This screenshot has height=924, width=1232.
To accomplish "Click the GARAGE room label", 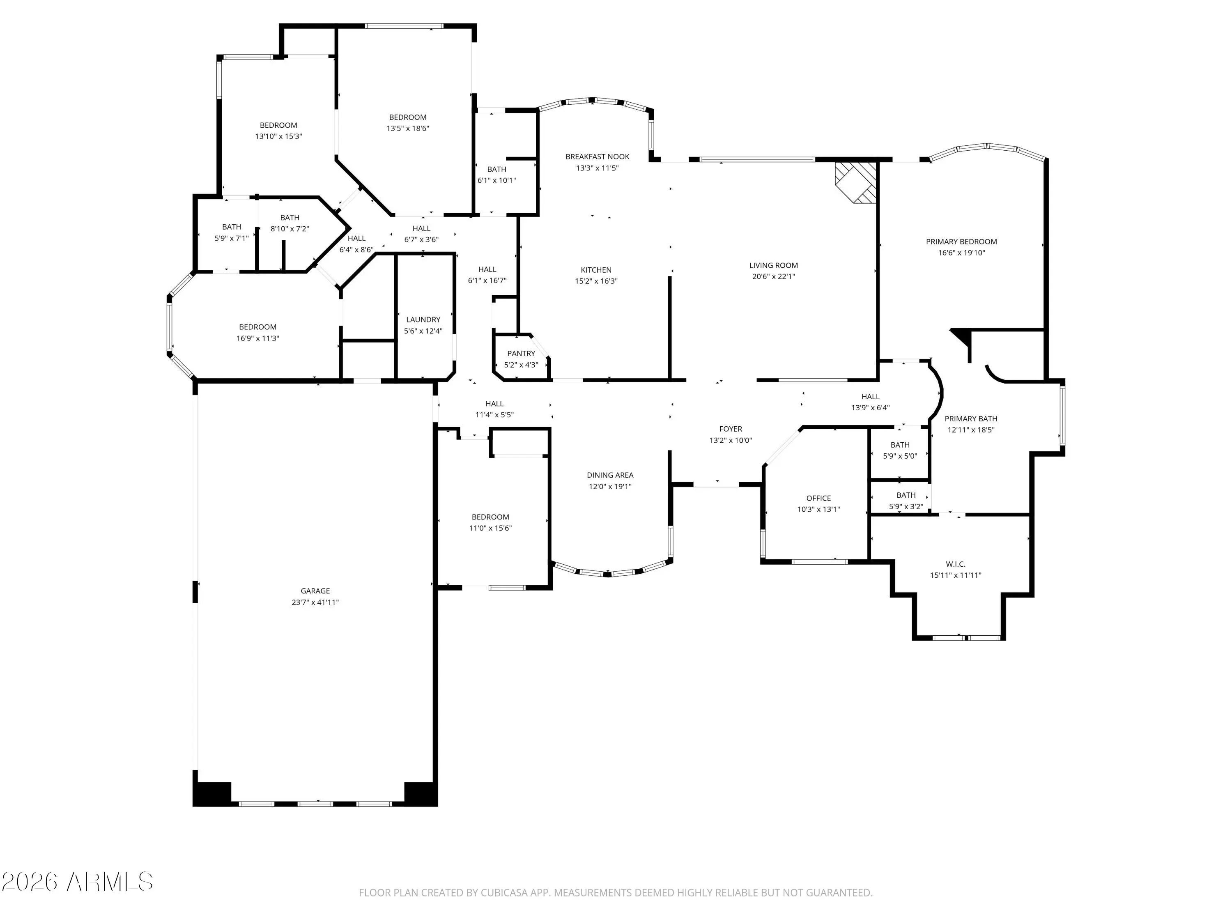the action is point(315,591).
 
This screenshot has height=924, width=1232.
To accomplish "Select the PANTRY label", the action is point(521,354).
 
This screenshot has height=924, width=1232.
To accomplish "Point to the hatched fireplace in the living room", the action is point(855,183).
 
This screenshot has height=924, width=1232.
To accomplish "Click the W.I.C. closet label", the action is point(955,564).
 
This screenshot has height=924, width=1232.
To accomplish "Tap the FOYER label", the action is point(730,429).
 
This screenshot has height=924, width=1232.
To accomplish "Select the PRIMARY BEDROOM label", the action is point(961,242).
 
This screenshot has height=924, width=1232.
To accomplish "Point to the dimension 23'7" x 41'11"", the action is point(315,602).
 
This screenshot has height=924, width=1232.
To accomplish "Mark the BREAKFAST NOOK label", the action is point(597,157).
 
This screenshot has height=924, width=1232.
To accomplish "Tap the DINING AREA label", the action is point(610,475).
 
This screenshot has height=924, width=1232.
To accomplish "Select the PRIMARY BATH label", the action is point(971,419).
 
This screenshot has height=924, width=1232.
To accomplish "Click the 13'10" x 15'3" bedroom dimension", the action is point(278,136).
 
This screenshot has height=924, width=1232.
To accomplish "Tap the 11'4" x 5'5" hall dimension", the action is point(494,415).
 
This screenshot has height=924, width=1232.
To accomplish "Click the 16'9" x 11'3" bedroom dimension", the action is point(257,338).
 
